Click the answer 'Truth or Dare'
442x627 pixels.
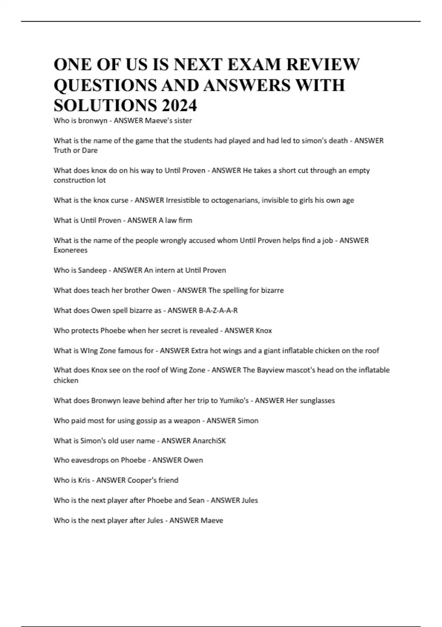coord(76,150)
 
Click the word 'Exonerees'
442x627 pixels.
coord(70,250)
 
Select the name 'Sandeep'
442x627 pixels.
coord(92,270)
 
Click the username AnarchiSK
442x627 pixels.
coord(210,441)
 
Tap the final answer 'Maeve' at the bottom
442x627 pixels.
coord(211,520)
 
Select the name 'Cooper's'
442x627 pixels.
coord(141,480)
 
